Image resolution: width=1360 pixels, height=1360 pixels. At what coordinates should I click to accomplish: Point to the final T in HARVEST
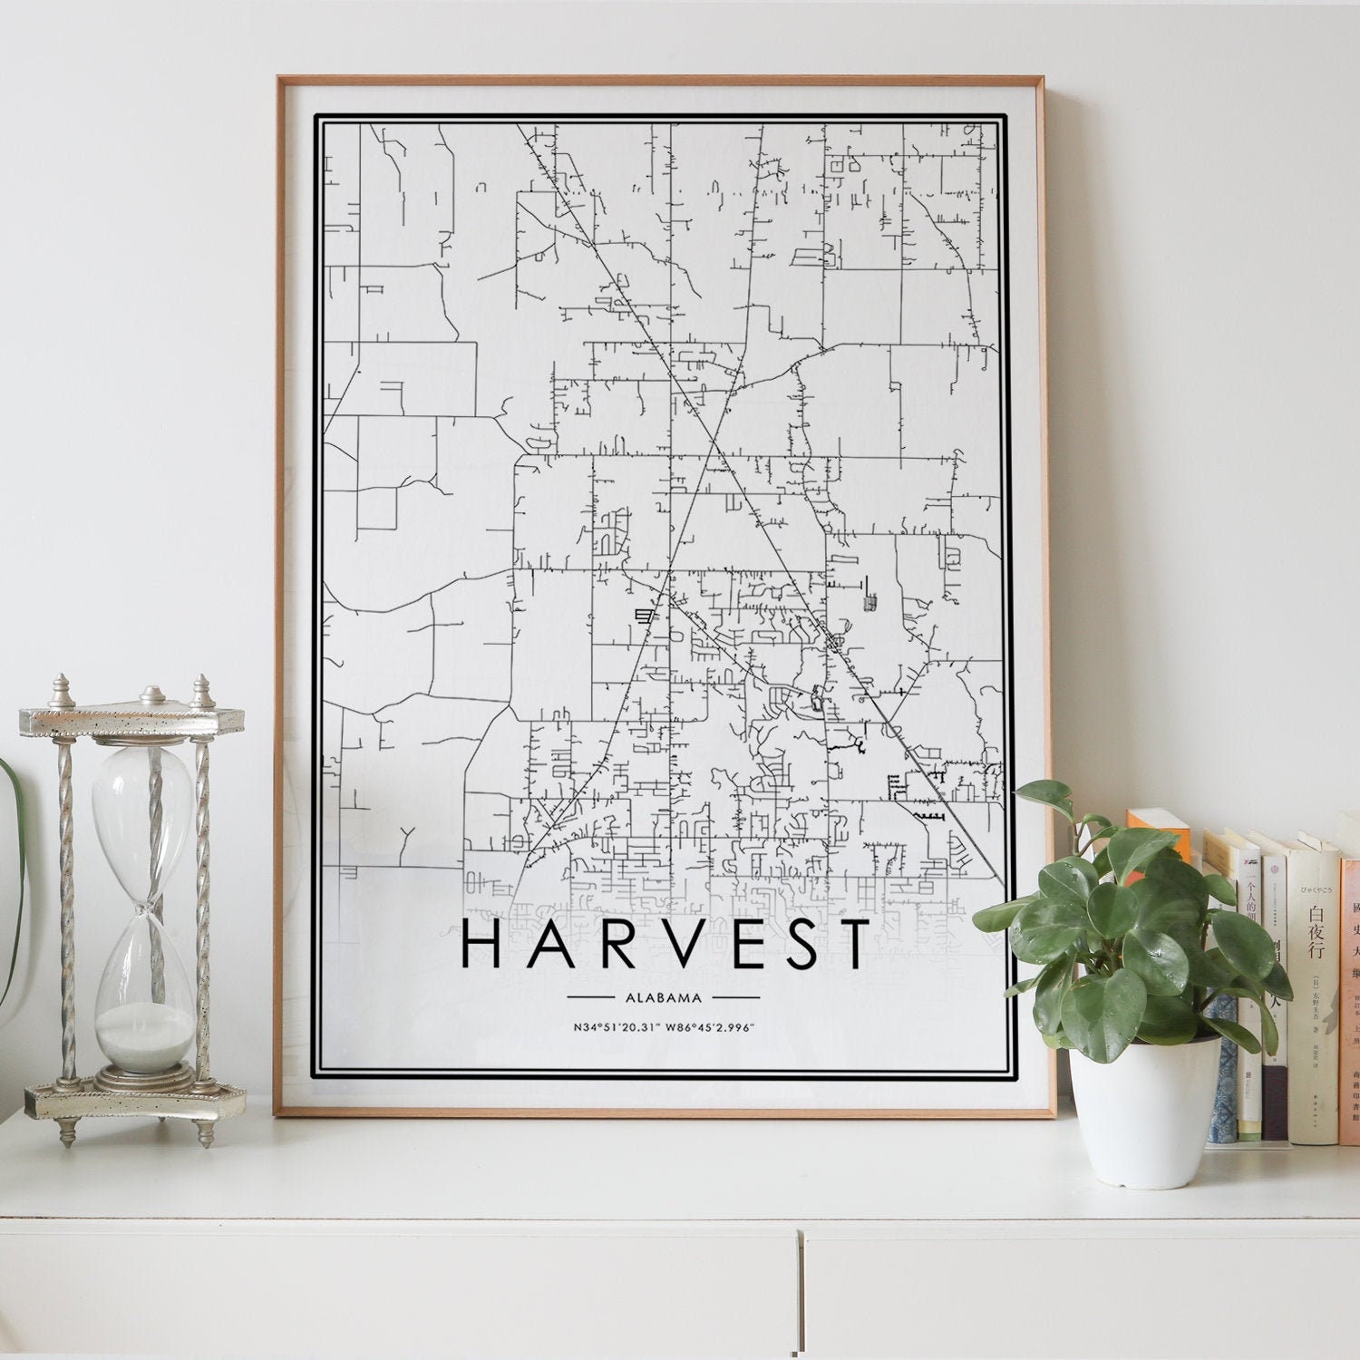tap(854, 944)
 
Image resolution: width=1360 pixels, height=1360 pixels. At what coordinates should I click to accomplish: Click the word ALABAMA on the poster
tap(663, 998)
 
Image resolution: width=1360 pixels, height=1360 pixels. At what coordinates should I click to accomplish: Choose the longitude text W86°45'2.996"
tap(713, 1027)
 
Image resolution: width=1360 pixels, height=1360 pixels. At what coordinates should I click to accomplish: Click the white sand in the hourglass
tap(145, 1033)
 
